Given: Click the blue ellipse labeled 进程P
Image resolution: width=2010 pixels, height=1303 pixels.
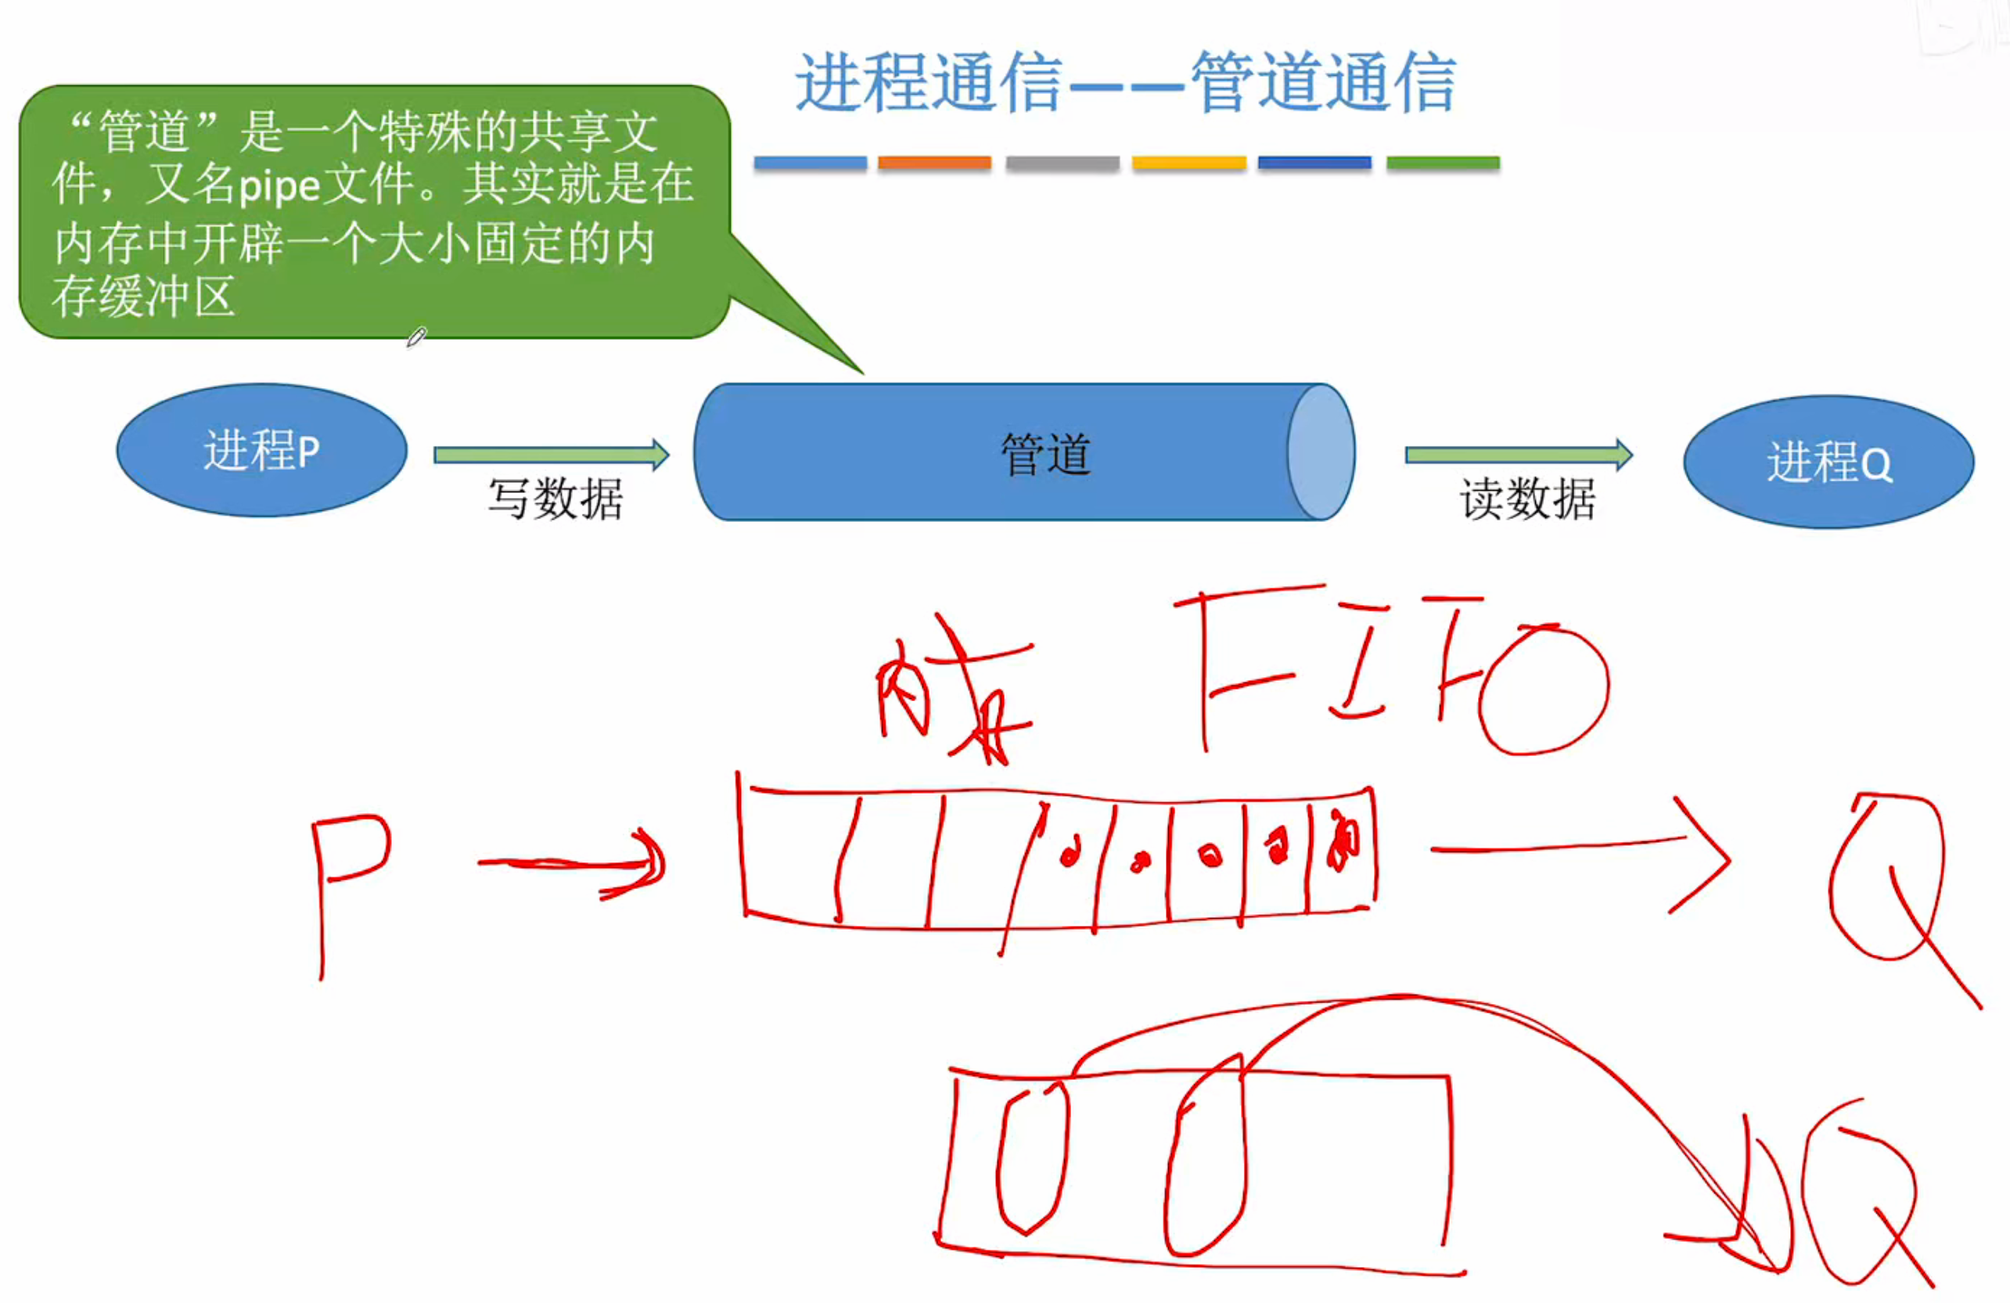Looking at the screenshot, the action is [x=262, y=450].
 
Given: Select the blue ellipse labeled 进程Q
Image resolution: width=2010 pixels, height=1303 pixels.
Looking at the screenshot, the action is [x=1828, y=462].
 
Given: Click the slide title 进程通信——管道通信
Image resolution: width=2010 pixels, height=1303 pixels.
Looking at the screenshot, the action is [x=1126, y=82].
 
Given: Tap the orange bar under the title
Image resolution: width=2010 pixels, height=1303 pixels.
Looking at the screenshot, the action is [x=934, y=162].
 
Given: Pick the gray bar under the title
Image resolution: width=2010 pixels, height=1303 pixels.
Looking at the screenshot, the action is [x=1063, y=162].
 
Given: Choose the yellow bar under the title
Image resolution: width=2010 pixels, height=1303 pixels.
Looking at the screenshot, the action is [x=1189, y=162].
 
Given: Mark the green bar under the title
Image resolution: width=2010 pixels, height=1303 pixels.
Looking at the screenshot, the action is [x=1443, y=162].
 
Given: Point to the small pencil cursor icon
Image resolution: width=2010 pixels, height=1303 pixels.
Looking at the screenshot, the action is [x=416, y=338].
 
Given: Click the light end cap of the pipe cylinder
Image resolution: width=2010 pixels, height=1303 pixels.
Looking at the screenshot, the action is [x=1320, y=452].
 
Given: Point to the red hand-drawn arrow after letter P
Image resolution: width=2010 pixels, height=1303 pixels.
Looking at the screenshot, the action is [x=574, y=864].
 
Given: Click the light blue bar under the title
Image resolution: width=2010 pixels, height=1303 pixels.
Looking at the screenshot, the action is [x=810, y=162].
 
